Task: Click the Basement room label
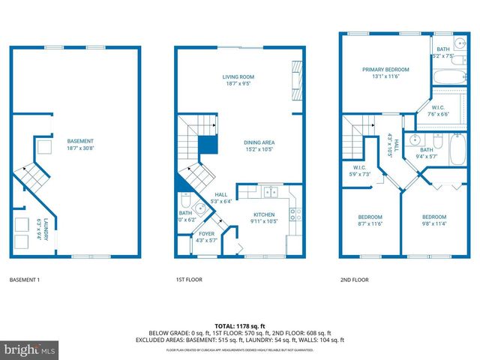click(80, 140)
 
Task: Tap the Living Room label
click(240, 77)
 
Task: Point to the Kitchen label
click(263, 214)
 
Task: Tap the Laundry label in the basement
click(45, 228)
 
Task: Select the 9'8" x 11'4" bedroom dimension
click(433, 223)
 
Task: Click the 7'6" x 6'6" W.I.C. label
click(439, 114)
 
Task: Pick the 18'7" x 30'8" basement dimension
click(80, 148)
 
